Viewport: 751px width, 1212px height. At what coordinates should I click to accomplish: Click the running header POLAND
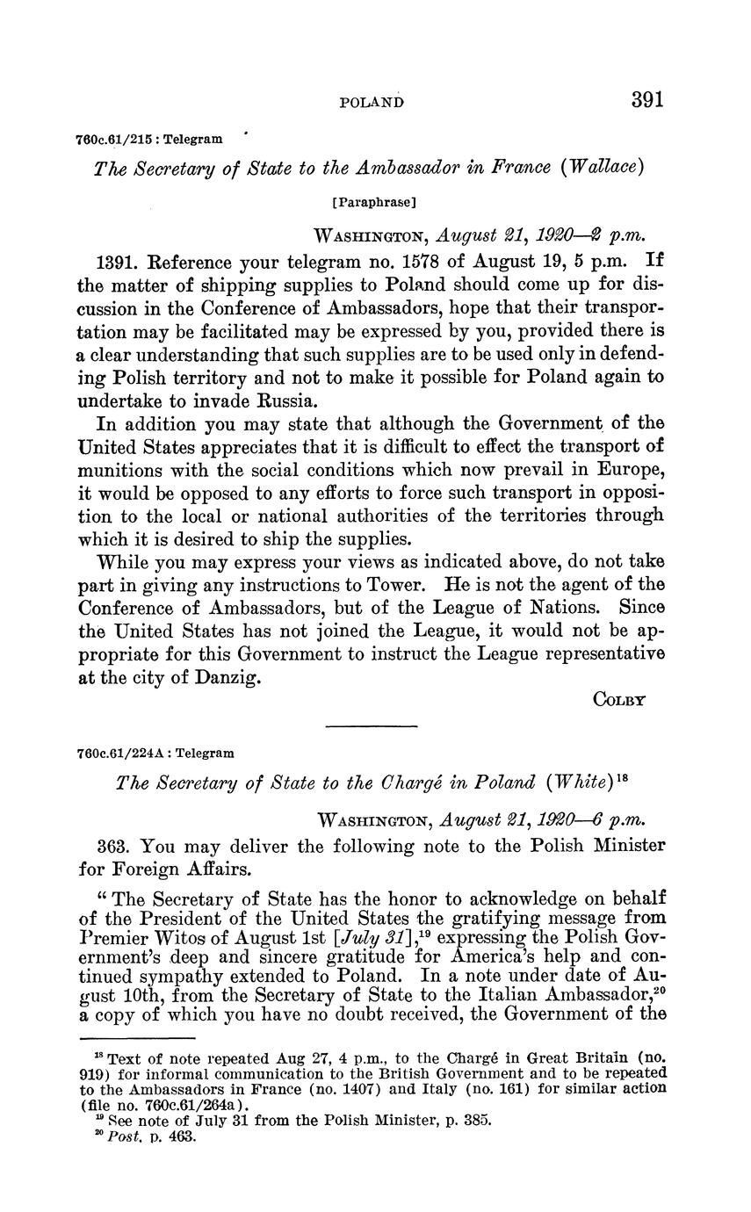372,103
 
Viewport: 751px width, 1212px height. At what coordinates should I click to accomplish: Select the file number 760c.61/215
112,139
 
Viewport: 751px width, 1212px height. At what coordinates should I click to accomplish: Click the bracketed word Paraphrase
373,202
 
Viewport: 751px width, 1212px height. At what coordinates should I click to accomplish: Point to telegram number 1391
116,262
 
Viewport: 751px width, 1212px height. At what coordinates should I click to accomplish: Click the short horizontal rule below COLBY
370,726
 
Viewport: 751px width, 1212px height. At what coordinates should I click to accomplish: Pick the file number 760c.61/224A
117,754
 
